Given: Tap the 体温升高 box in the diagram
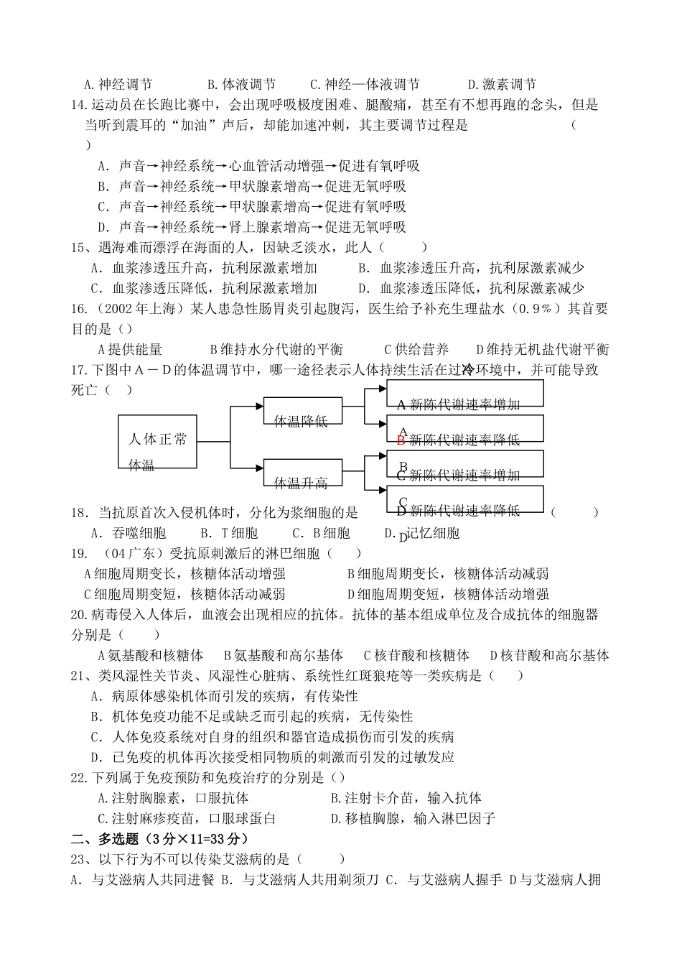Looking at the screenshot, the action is (x=302, y=476).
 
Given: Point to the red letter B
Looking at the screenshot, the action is (x=401, y=440).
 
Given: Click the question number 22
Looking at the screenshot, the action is (x=80, y=778).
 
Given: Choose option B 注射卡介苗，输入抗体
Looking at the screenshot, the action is (x=406, y=798).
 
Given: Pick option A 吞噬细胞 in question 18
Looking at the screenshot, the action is (x=129, y=533).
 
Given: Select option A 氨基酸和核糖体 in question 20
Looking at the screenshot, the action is (x=150, y=655).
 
